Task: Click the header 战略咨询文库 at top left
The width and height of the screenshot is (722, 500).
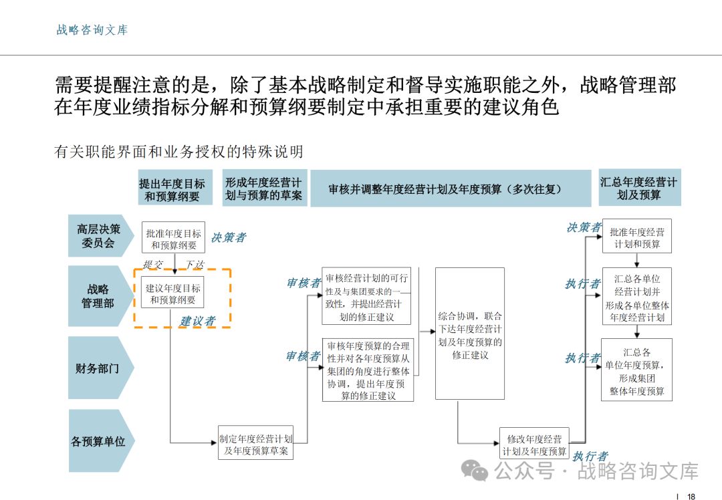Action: click(x=92, y=30)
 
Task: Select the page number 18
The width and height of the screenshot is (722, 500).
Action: click(x=691, y=496)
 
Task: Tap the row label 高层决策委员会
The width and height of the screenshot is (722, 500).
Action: click(x=98, y=236)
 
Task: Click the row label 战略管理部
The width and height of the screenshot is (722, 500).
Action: click(x=98, y=296)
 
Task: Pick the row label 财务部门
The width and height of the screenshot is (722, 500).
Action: click(x=99, y=368)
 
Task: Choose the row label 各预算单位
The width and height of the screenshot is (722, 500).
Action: click(x=98, y=441)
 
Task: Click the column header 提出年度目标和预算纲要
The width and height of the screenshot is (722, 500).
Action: click(x=172, y=190)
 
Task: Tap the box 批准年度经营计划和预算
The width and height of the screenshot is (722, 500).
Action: click(x=637, y=238)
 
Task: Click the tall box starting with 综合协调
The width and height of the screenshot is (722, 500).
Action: click(x=469, y=334)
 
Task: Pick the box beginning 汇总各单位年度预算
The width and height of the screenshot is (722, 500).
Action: click(x=637, y=371)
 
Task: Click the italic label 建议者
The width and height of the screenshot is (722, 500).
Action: click(x=198, y=322)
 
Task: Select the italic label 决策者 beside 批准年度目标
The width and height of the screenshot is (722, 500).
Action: click(x=229, y=237)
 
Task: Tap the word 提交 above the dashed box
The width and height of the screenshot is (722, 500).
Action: click(x=153, y=265)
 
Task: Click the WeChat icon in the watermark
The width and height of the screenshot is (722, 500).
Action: click(x=477, y=471)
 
